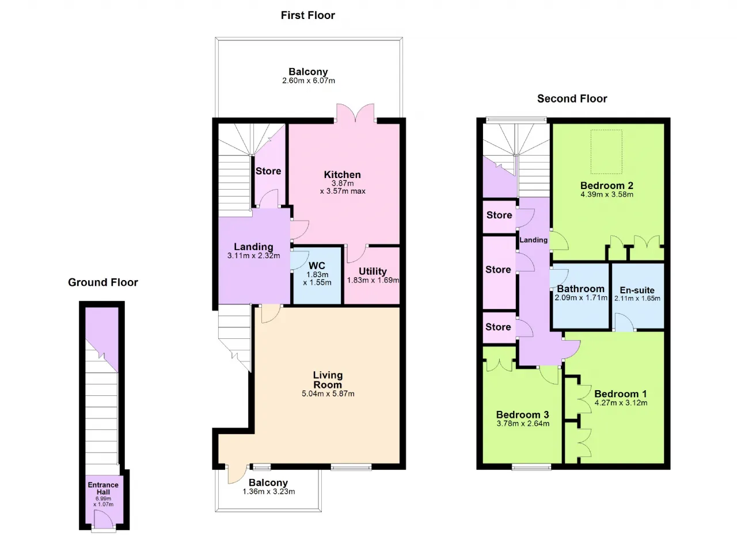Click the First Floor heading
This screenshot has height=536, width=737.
click(x=307, y=15)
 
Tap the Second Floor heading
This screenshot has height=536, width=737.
click(x=572, y=99)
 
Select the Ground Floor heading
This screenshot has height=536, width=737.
click(x=103, y=282)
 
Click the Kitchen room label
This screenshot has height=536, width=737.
click(x=342, y=175)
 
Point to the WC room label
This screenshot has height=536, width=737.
click(x=317, y=265)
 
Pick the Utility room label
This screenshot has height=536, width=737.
click(x=373, y=271)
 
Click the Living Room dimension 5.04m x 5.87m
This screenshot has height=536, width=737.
click(x=328, y=394)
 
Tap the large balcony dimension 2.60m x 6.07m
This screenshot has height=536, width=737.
click(x=309, y=81)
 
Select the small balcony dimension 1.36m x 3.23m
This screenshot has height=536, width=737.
click(x=269, y=492)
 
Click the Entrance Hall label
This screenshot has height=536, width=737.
click(x=103, y=489)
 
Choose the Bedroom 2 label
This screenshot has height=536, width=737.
click(x=607, y=186)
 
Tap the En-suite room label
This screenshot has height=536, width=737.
click(x=637, y=290)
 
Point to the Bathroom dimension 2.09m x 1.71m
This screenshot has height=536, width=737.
click(x=581, y=297)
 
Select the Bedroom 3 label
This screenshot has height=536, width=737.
click(x=522, y=414)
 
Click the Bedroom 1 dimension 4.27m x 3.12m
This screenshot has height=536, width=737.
click(x=621, y=403)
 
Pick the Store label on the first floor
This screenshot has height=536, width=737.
click(x=268, y=171)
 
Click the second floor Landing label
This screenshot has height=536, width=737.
click(x=533, y=240)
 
